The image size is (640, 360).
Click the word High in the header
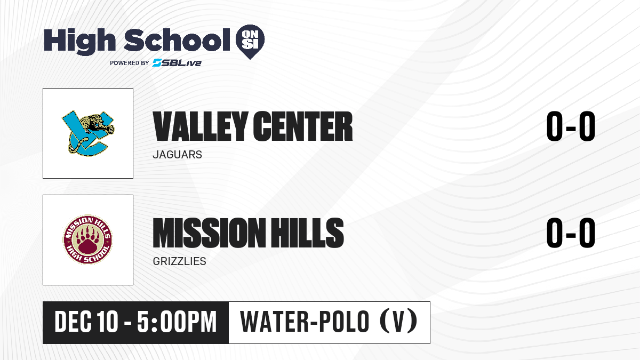pos(79,41)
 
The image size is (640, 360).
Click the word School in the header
pos(177,40)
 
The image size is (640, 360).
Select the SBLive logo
pos(177,62)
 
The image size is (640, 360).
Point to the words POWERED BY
pos(130,63)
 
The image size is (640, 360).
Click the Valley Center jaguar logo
pos(88,133)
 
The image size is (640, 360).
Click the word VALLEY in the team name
pos(201,126)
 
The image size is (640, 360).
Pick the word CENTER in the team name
pos(303,126)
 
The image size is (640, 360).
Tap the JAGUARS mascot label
pos(178,155)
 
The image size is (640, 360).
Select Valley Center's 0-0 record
pos(571,126)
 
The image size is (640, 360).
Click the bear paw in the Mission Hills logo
pos(87,241)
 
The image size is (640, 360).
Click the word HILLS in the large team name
pos(307,233)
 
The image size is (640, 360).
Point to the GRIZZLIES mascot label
pos(179,261)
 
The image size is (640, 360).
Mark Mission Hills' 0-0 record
pos(571,233)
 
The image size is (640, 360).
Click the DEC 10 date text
pos(86,322)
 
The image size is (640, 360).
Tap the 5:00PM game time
pos(177,322)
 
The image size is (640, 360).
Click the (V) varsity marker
pos(398,321)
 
